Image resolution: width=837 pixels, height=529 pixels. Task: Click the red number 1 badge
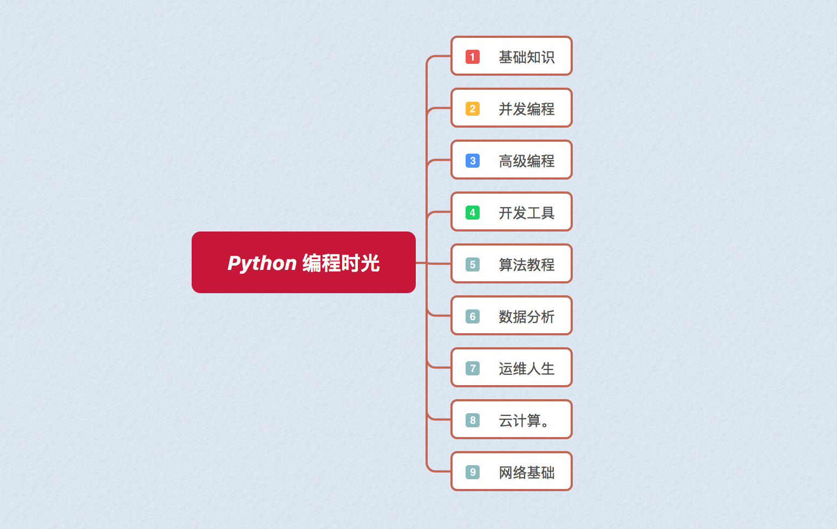point(473,57)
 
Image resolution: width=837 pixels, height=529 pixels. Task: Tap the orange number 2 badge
point(473,109)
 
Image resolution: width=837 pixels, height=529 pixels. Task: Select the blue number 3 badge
point(473,161)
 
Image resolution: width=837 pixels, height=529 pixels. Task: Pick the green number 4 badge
point(473,213)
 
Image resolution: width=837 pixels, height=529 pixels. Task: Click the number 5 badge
point(473,264)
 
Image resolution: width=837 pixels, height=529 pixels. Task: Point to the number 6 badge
point(473,316)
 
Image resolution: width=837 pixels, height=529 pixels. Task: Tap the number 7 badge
point(473,368)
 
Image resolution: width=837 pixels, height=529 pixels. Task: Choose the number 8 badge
point(473,420)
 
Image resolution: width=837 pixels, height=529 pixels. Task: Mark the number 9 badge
point(473,472)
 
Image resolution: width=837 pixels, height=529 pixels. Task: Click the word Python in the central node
point(262,263)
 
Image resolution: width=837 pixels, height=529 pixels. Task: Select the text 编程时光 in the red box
point(341,263)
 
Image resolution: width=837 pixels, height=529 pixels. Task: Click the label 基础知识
point(526,57)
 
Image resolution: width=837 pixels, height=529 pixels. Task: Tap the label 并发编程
point(526,109)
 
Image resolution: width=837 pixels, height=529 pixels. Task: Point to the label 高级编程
point(526,161)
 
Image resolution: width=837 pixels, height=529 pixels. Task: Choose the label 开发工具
point(526,213)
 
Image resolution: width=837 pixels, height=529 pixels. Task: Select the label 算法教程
point(526,264)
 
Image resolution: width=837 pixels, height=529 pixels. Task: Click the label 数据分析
point(526,316)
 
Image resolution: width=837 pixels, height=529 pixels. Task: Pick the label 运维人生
point(526,368)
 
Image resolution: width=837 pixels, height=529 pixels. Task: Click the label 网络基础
point(526,472)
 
